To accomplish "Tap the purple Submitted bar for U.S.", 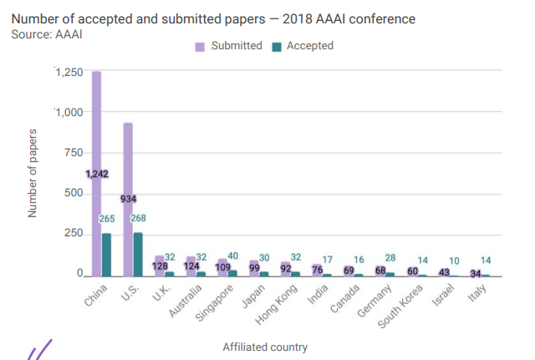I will point(128,159).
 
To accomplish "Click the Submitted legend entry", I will point(229,46).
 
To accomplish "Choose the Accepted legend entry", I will point(303,46).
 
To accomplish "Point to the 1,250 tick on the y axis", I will point(69,73).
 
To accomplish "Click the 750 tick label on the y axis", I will point(74,153).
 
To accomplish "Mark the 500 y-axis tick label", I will point(74,194).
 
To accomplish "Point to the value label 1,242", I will point(97,174).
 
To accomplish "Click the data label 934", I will point(128,199).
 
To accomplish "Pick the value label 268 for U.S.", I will point(138,218).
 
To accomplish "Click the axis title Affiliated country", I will point(265,347).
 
